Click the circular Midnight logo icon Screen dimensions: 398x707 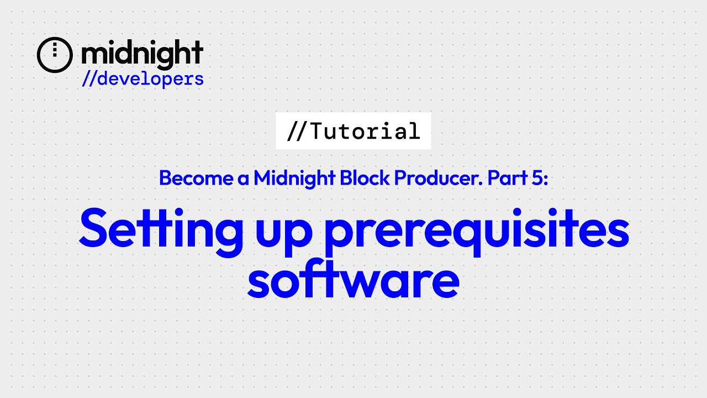pyautogui.click(x=55, y=55)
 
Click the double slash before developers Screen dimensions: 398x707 pyautogui.click(x=89, y=79)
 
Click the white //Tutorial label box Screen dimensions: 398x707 pyautogui.click(x=353, y=131)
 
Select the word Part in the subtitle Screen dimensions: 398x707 pyautogui.click(x=501, y=177)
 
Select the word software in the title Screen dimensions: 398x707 pyautogui.click(x=353, y=280)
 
